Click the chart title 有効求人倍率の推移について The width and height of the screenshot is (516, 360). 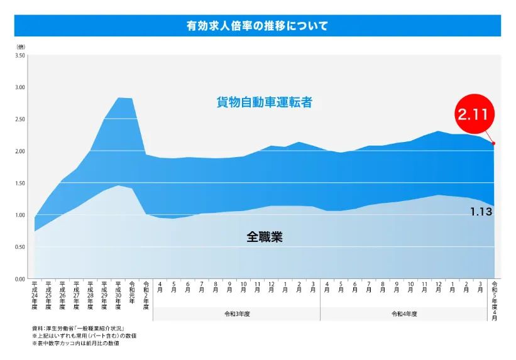[x=257, y=26]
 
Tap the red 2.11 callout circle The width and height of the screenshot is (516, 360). [x=476, y=115]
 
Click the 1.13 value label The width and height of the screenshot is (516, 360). [x=481, y=212]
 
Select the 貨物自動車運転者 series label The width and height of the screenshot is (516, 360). [x=265, y=102]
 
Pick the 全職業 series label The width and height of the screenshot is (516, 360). [x=264, y=237]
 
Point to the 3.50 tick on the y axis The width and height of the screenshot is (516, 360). [x=21, y=56]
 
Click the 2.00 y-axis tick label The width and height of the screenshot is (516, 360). [x=21, y=151]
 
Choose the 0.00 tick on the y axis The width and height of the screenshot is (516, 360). [x=21, y=279]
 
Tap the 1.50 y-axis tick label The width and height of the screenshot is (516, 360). [x=21, y=183]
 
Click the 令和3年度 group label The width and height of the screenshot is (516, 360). [x=236, y=314]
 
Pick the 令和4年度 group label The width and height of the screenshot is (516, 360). [x=404, y=314]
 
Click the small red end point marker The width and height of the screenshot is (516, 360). [x=494, y=143]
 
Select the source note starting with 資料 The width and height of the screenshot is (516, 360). [x=78, y=329]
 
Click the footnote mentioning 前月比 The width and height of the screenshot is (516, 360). [x=76, y=343]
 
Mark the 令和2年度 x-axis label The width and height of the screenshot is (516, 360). [x=146, y=295]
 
